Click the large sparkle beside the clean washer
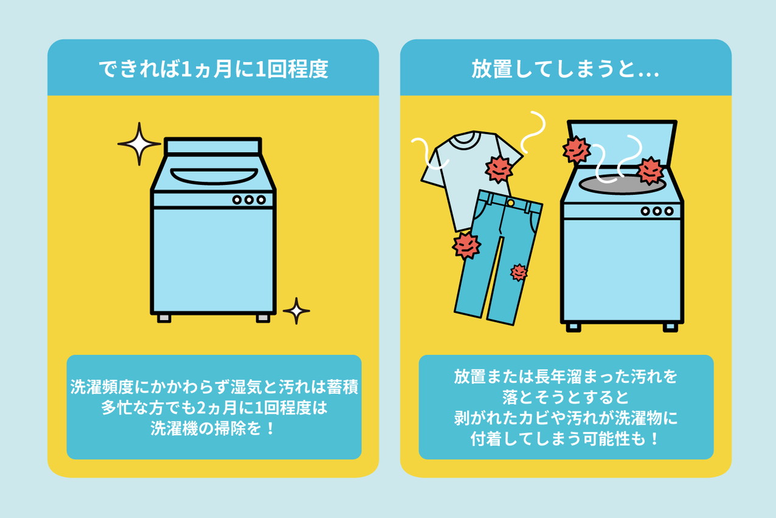[x=139, y=144]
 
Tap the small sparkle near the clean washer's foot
[x=296, y=310]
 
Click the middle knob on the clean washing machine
[x=249, y=200]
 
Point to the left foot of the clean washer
[x=164, y=318]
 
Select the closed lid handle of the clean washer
[x=214, y=176]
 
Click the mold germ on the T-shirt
[x=499, y=169]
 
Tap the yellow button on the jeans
[x=510, y=203]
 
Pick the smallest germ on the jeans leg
[x=519, y=273]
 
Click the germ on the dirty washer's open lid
[x=577, y=150]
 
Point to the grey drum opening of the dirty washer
[x=622, y=184]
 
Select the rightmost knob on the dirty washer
[x=669, y=211]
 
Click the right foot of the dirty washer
[x=670, y=327]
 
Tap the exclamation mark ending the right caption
[x=654, y=439]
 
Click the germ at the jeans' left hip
[x=466, y=246]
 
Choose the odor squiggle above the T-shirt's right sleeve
[x=533, y=131]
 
